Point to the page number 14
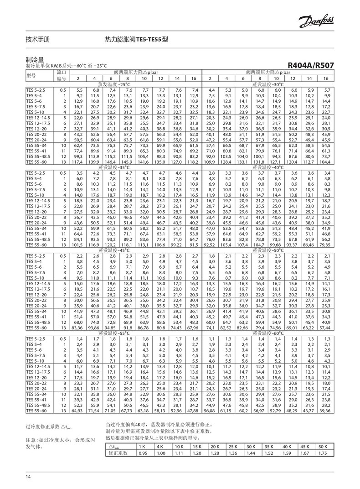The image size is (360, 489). click(28, 477)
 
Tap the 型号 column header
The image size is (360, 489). click(31, 75)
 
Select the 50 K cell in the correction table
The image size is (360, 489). click(322, 446)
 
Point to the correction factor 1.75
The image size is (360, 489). click(322, 453)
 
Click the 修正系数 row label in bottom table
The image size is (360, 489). click(118, 453)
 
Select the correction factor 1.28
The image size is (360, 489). click(215, 453)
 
